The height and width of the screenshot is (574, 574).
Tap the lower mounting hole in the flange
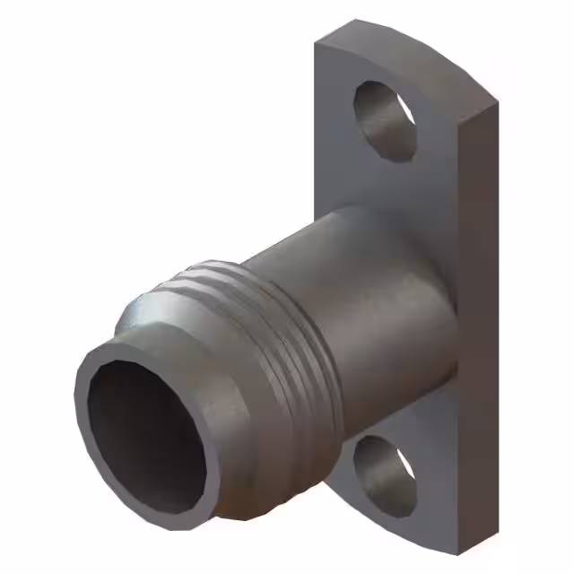pos(384,472)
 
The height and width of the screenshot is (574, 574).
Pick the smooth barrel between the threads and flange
pos(359,296)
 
